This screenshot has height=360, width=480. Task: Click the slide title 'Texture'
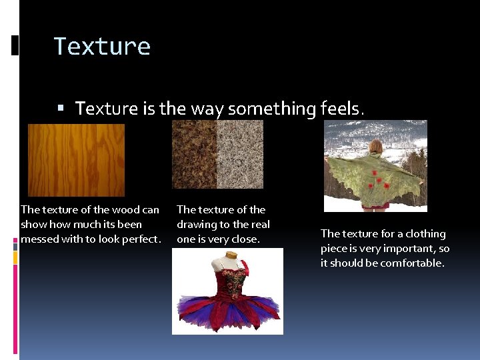pyautogui.click(x=102, y=47)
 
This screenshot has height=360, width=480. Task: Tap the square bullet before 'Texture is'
pyautogui.click(x=61, y=108)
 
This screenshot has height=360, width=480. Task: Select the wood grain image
pyautogui.click(x=76, y=160)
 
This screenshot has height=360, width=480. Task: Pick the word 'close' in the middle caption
pyautogui.click(x=243, y=239)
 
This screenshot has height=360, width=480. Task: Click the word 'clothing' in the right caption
pyautogui.click(x=424, y=234)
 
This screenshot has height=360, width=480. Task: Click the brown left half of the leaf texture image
pyautogui.click(x=194, y=155)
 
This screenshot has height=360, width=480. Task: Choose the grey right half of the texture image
pyautogui.click(x=240, y=155)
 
